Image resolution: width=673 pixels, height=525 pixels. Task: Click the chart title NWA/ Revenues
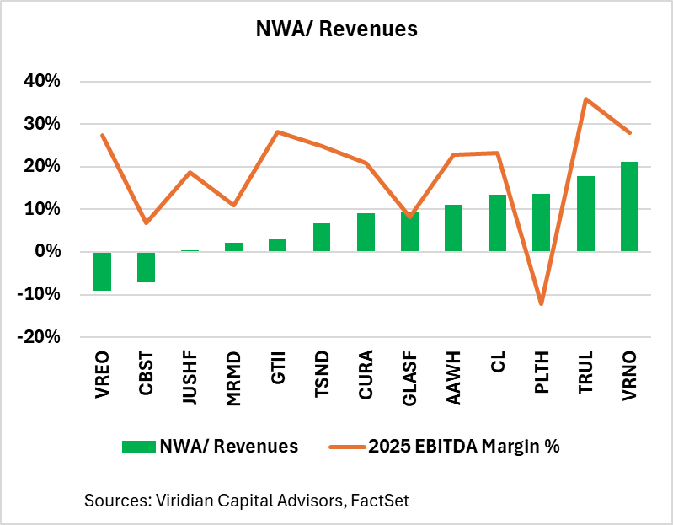tap(336, 29)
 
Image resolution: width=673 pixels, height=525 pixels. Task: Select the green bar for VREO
tap(103, 271)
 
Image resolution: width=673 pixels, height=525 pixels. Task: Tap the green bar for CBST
tap(147, 266)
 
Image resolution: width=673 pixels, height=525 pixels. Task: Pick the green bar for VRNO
tap(629, 206)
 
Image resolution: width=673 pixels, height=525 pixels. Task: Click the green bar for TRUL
tap(585, 213)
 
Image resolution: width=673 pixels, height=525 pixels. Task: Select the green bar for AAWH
tap(453, 228)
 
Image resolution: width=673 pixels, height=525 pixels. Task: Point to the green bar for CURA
tap(366, 232)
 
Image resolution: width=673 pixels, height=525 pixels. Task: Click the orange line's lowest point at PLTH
tap(542, 303)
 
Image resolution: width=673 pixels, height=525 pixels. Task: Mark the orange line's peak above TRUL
tap(585, 99)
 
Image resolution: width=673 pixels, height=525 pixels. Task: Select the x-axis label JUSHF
tap(190, 376)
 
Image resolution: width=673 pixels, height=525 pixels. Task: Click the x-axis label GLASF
tap(410, 376)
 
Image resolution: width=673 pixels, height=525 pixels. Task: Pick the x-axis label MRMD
tap(234, 376)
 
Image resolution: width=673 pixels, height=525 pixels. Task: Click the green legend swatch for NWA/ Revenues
tap(137, 447)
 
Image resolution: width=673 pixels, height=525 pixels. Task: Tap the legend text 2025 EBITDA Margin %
tap(463, 447)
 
